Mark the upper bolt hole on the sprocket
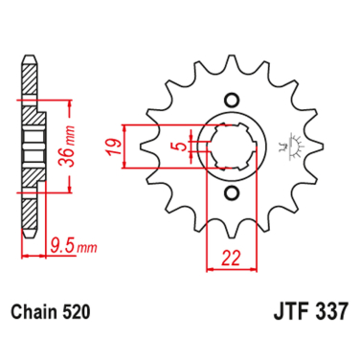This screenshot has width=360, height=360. pos(231,100)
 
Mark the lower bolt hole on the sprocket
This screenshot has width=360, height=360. pos(231,195)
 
